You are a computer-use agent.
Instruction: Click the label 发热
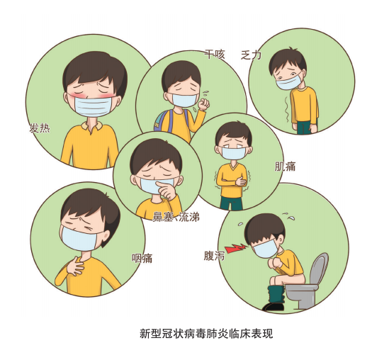(x=40, y=128)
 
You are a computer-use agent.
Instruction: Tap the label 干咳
(x=214, y=54)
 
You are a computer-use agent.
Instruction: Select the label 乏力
(x=251, y=55)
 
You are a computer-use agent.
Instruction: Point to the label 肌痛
(x=285, y=167)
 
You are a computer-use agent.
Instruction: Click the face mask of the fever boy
(x=92, y=107)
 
